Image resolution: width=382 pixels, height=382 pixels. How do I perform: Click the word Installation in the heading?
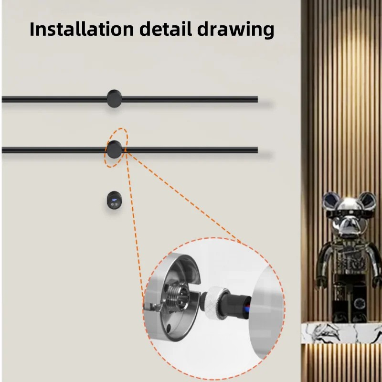point(82,29)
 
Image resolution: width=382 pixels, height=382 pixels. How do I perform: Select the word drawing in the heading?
point(235,30)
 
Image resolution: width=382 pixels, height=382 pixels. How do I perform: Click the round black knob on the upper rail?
point(114,98)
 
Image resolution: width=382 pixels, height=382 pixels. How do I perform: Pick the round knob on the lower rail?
point(114,149)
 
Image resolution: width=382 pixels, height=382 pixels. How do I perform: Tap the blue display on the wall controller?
point(114,200)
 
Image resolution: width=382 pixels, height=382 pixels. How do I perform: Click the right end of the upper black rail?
point(257,99)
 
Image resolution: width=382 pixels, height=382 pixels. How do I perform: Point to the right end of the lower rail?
point(257,150)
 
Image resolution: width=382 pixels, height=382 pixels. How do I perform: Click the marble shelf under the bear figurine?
point(341,332)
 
